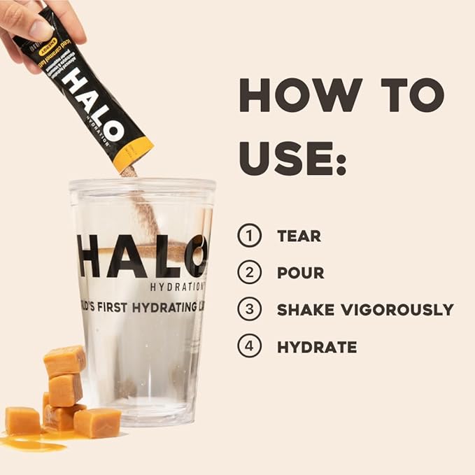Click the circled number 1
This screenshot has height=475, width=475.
coord(249,235)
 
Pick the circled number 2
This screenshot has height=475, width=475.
coord(249,272)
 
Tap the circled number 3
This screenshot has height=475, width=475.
coord(249,309)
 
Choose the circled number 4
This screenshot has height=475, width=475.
coord(249,346)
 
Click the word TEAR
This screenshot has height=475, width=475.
coord(299,236)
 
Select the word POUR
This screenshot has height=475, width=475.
coord(300,273)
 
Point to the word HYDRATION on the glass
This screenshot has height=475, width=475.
coord(177,285)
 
